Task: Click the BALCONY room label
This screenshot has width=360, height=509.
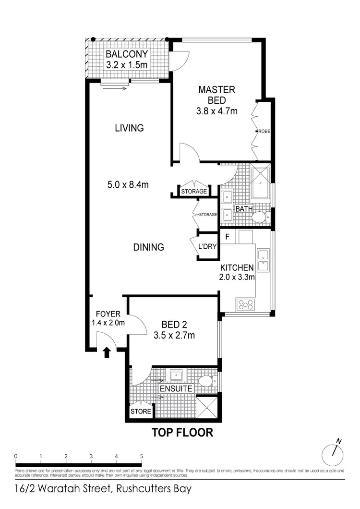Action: pyautogui.click(x=127, y=54)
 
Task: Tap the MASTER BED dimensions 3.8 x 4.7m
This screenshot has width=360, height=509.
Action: pyautogui.click(x=217, y=111)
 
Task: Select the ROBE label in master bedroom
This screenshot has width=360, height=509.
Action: pyautogui.click(x=264, y=132)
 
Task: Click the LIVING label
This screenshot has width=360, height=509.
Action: pyautogui.click(x=129, y=128)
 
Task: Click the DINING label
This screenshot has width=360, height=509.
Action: pyautogui.click(x=148, y=247)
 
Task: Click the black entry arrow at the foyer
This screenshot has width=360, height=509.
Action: pyautogui.click(x=107, y=353)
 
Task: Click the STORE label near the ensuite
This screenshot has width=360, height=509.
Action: pyautogui.click(x=141, y=412)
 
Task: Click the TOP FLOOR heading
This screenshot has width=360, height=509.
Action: pyautogui.click(x=182, y=433)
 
